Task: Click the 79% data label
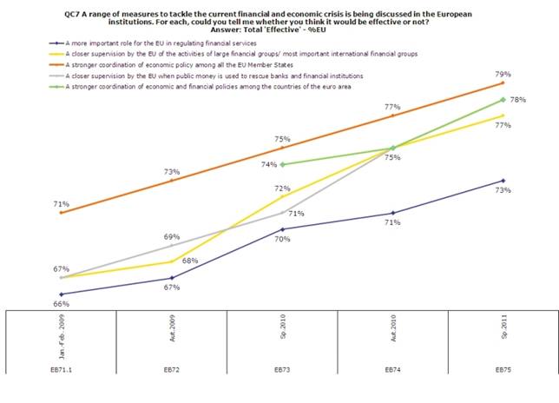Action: (501, 73)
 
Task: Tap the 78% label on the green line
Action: (517, 100)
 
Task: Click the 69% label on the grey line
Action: (172, 236)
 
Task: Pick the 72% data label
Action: (282, 188)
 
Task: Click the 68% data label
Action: (190, 261)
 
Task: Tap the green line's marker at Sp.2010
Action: (283, 164)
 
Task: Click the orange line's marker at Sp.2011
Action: (503, 83)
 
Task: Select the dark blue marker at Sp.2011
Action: (503, 181)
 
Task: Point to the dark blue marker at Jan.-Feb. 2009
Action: (61, 294)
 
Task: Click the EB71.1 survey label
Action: (61, 369)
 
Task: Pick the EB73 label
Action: (283, 369)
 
